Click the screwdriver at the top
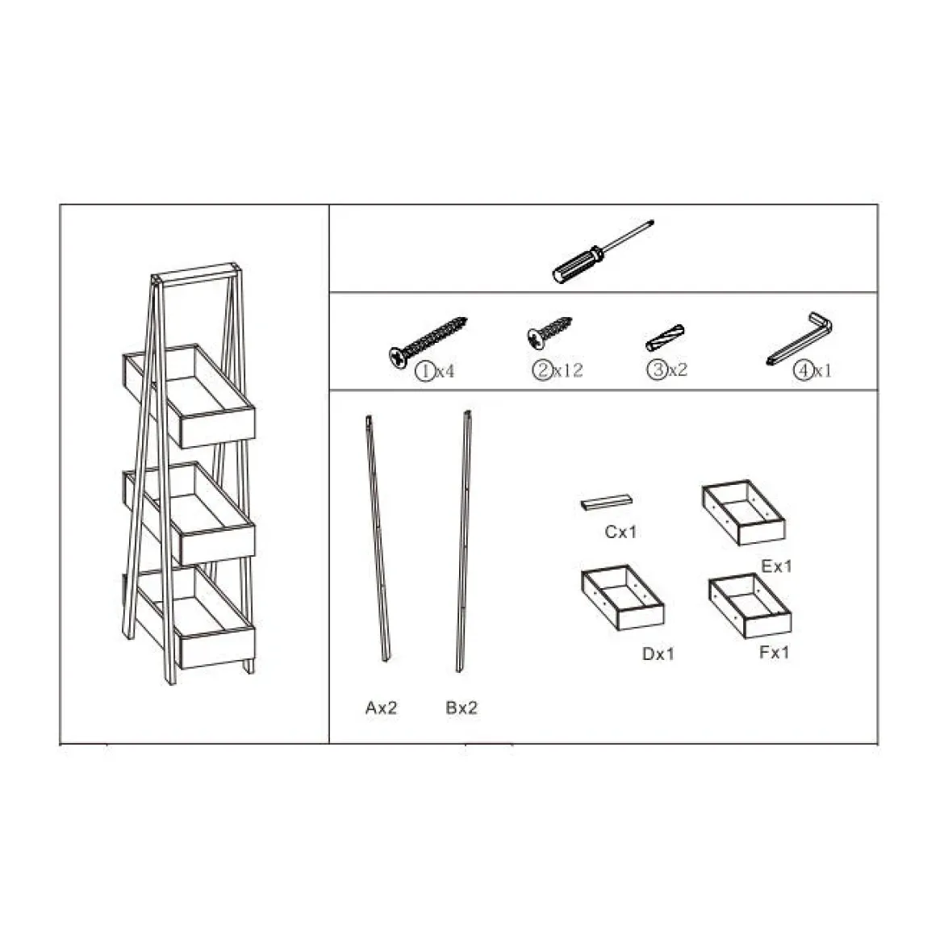(602, 252)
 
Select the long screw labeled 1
(428, 340)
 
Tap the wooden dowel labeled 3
(665, 338)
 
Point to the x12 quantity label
(568, 370)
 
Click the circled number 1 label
(424, 371)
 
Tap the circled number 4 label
(803, 370)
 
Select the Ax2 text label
(381, 708)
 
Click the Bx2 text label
(462, 708)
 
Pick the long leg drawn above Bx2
(463, 542)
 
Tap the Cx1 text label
(620, 532)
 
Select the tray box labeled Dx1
(623, 597)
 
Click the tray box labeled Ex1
(744, 512)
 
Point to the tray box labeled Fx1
(750, 606)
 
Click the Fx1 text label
(775, 652)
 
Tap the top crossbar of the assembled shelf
(196, 274)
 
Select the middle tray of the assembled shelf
(189, 513)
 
